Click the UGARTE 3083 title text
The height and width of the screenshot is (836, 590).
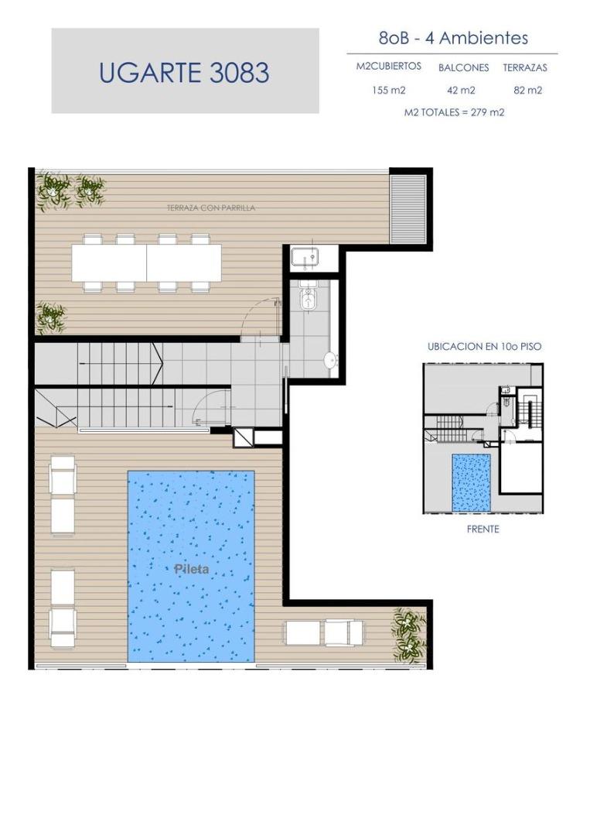[x=184, y=73]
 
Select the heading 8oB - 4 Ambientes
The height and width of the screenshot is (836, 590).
[x=453, y=38]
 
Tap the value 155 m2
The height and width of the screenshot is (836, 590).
[x=389, y=90]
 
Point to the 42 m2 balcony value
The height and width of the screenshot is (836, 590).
[x=461, y=90]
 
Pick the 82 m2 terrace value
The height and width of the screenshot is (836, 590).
[x=527, y=90]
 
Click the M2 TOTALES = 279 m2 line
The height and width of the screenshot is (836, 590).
[x=454, y=112]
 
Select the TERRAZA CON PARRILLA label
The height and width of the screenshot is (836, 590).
[x=211, y=207]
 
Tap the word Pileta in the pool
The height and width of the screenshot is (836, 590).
[x=192, y=569]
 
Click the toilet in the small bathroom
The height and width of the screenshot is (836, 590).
[x=307, y=300]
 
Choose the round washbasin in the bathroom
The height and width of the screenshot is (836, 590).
[x=331, y=361]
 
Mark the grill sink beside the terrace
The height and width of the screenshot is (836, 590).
[x=305, y=258]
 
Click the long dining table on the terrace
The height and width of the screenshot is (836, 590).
[x=146, y=263]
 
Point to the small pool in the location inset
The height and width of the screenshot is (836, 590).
[x=471, y=482]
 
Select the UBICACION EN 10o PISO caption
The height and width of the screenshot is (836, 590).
[x=484, y=346]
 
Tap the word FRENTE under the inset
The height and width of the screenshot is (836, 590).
[x=483, y=529]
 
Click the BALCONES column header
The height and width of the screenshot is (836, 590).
[x=463, y=67]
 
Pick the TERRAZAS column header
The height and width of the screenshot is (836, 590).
[x=525, y=67]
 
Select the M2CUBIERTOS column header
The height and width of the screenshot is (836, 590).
[x=389, y=66]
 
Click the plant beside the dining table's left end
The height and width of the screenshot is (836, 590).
[x=51, y=317]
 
